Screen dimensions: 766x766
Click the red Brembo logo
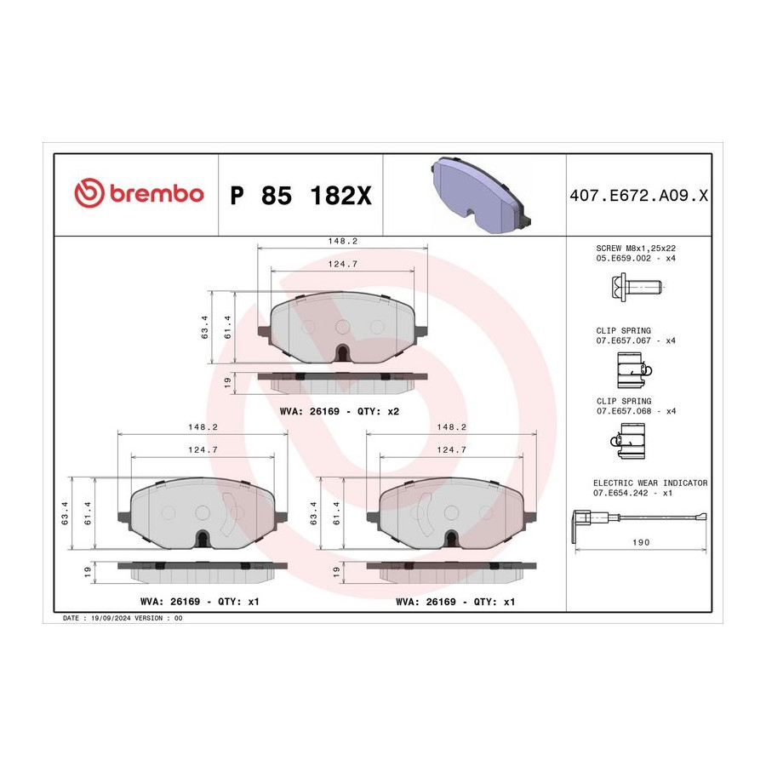point(139,193)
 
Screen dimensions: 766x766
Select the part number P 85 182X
point(300,196)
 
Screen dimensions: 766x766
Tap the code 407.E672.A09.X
point(638,196)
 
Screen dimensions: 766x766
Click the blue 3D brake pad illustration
point(480,195)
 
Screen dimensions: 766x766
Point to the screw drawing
point(636,287)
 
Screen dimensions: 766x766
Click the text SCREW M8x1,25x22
point(636,249)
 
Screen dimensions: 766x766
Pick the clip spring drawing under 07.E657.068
point(628,441)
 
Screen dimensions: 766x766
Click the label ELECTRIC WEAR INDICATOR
point(650,483)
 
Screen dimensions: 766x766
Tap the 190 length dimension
point(641,542)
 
